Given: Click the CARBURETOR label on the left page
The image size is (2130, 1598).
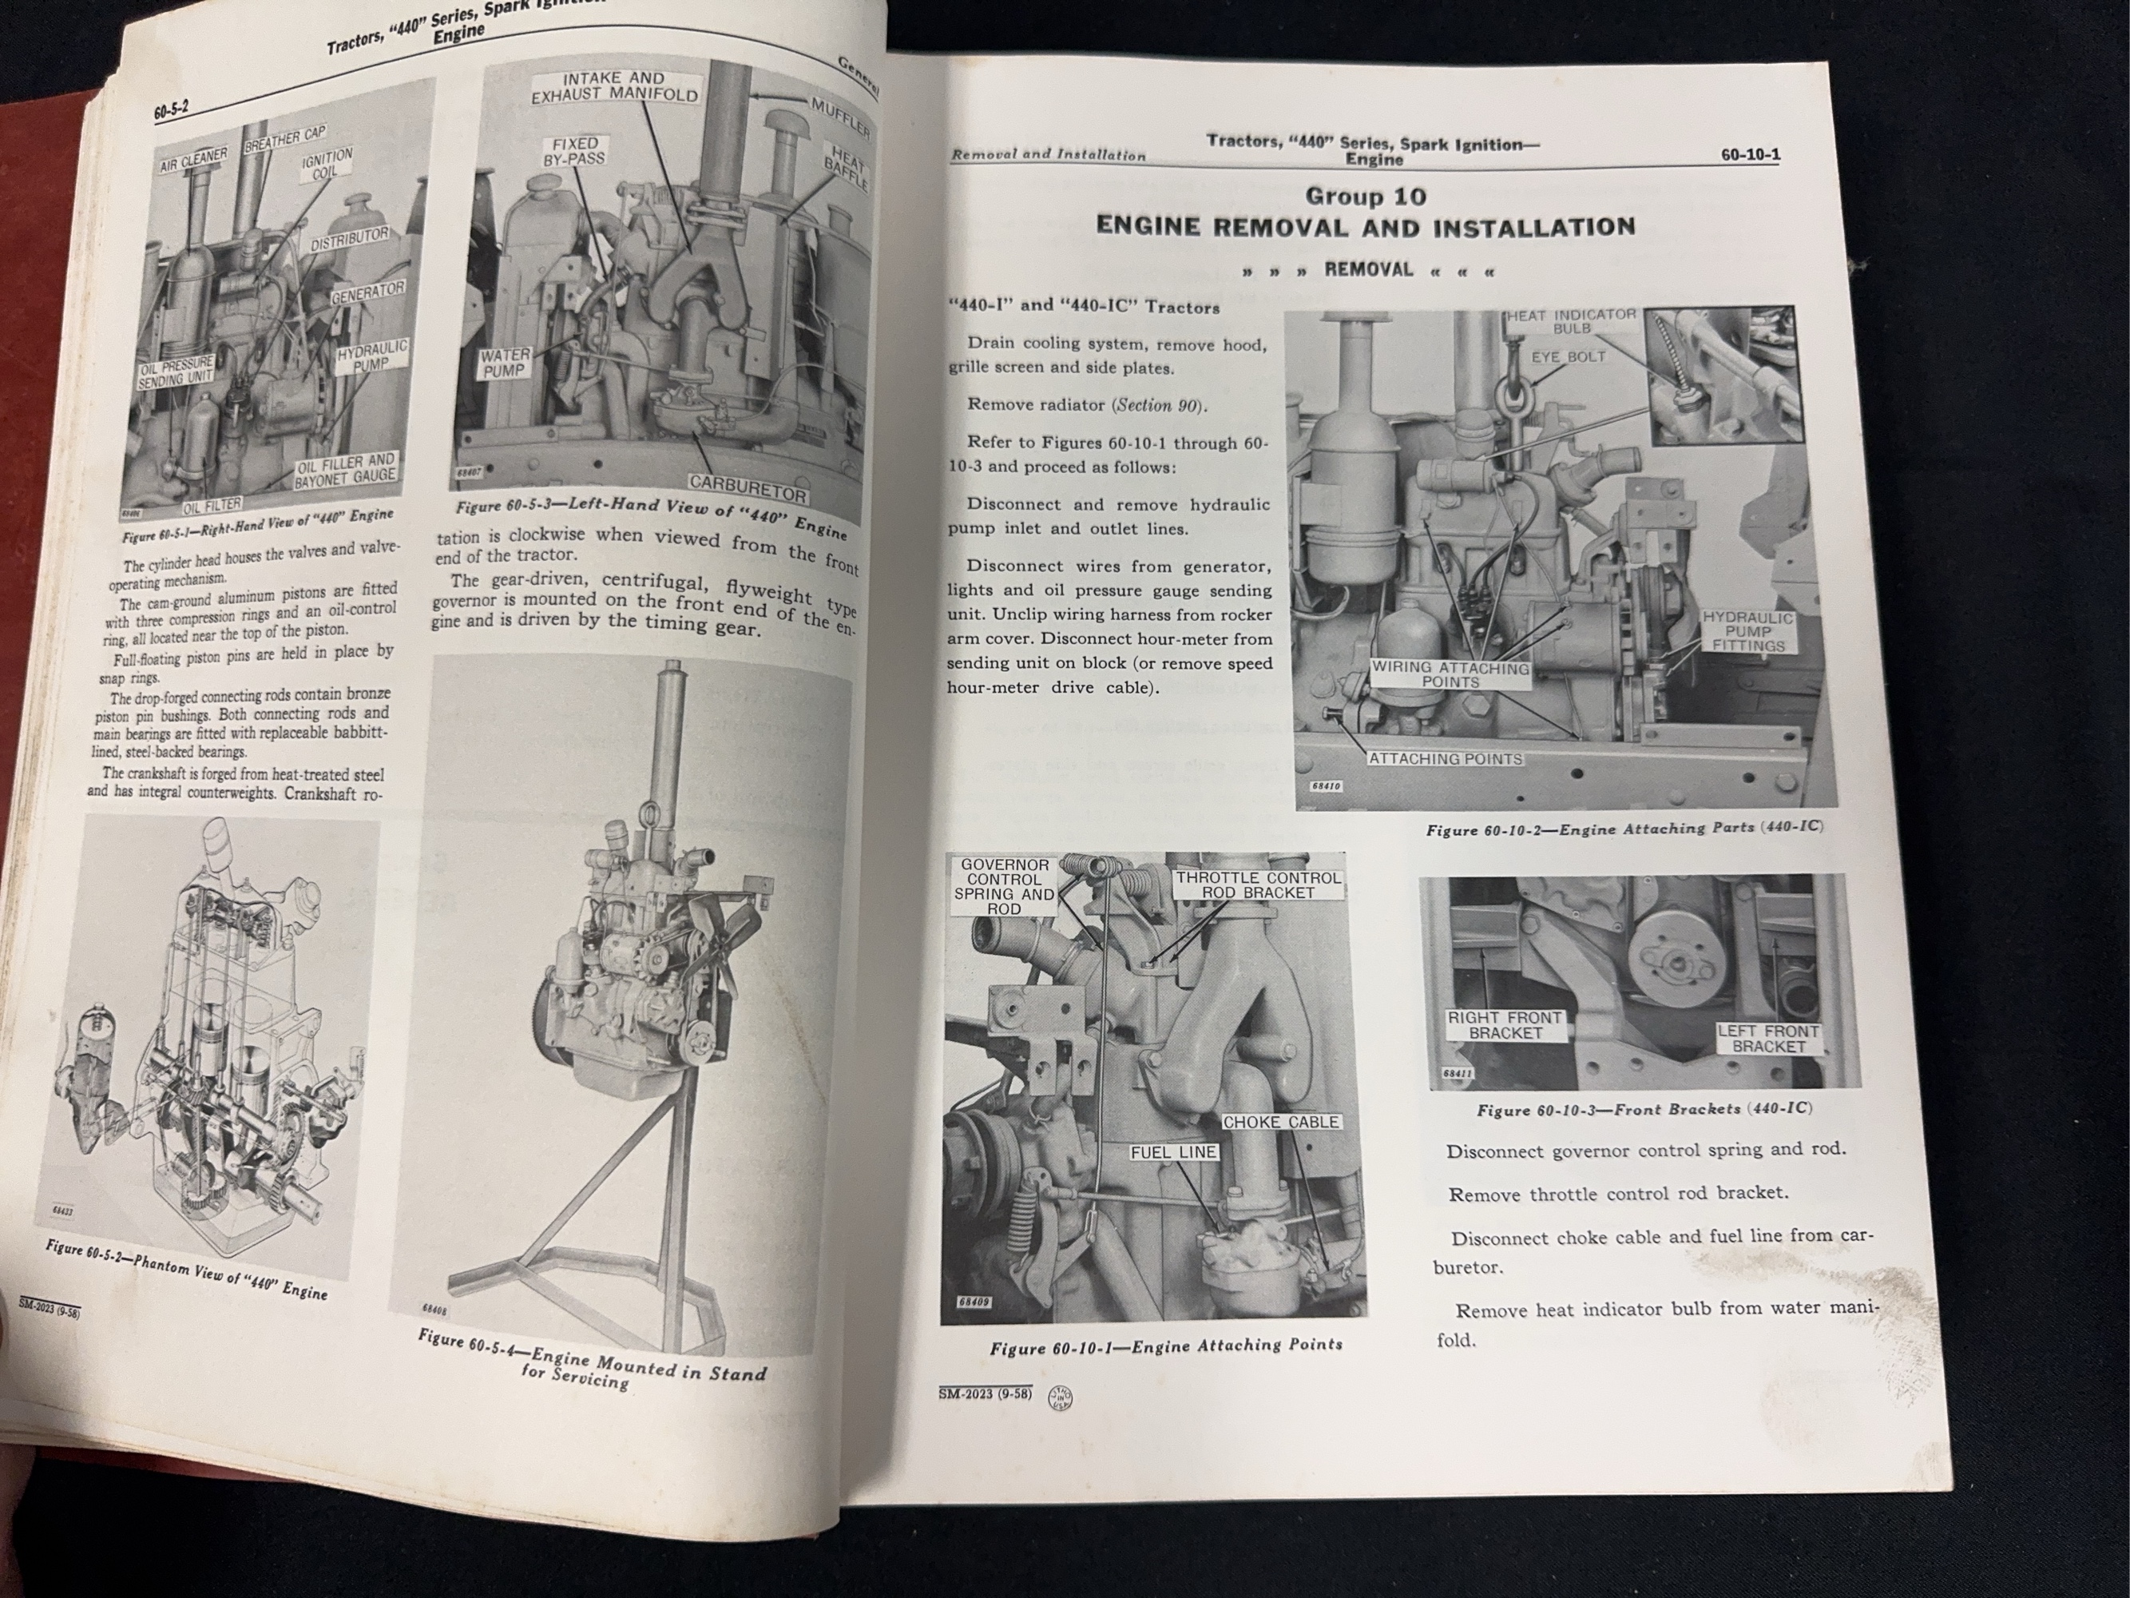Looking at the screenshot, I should pyautogui.click(x=748, y=488).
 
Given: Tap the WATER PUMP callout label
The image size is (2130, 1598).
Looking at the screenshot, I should pyautogui.click(x=505, y=363).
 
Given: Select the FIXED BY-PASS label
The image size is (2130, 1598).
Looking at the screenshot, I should pyautogui.click(x=574, y=151).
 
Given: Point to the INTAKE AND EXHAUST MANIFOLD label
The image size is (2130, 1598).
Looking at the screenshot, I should pyautogui.click(x=613, y=86).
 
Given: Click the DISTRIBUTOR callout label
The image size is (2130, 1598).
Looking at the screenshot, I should pyautogui.click(x=348, y=240).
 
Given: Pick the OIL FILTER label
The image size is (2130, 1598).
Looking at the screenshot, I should pyautogui.click(x=212, y=504).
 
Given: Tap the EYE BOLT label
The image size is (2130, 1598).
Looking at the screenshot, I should pyautogui.click(x=1569, y=356).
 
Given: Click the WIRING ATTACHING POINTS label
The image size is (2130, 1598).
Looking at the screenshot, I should pyautogui.click(x=1450, y=674).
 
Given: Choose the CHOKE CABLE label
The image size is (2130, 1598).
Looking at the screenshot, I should pyautogui.click(x=1281, y=1122).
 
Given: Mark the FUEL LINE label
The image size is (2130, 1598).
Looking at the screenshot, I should pyautogui.click(x=1173, y=1152).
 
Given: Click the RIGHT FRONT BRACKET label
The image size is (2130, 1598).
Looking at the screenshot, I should pyautogui.click(x=1505, y=1025).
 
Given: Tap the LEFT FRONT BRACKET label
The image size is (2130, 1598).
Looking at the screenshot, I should pyautogui.click(x=1768, y=1039).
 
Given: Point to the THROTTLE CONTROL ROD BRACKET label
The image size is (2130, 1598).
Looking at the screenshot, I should pyautogui.click(x=1258, y=885).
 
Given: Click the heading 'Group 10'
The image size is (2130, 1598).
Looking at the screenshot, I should pyautogui.click(x=1366, y=197).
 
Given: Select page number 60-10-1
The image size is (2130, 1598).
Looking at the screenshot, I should pyautogui.click(x=1750, y=154).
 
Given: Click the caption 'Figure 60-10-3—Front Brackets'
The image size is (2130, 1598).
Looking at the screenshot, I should pyautogui.click(x=1643, y=1110).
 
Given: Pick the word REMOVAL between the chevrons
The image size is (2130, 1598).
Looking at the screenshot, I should pyautogui.click(x=1368, y=270).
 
